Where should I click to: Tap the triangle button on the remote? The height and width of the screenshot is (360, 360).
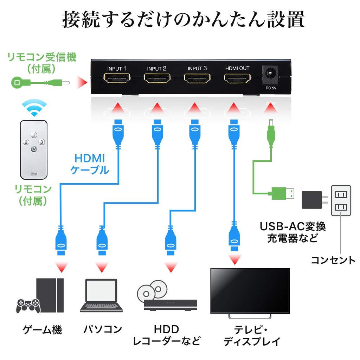click(33, 149)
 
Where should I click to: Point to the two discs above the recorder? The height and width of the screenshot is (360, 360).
click(151, 290)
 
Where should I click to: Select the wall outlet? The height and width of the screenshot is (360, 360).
click(341, 201)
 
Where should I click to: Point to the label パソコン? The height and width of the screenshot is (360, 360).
click(102, 329)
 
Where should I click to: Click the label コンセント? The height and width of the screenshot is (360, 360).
click(333, 260)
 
